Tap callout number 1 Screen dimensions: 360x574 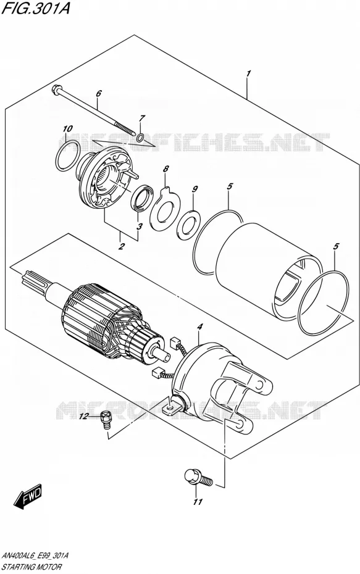pyautogui.click(x=248, y=73)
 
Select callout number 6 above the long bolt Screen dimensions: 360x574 pyautogui.click(x=98, y=94)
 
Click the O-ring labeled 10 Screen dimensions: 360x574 pyautogui.click(x=69, y=156)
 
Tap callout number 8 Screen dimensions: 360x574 pyautogui.click(x=166, y=169)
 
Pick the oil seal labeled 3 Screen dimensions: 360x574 pyautogui.click(x=141, y=198)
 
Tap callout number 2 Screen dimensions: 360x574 pyautogui.click(x=122, y=246)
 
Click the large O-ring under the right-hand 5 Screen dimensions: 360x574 pyautogui.click(x=323, y=302)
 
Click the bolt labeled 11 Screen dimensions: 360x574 pyautogui.click(x=198, y=477)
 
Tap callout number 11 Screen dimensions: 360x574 pyautogui.click(x=198, y=502)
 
